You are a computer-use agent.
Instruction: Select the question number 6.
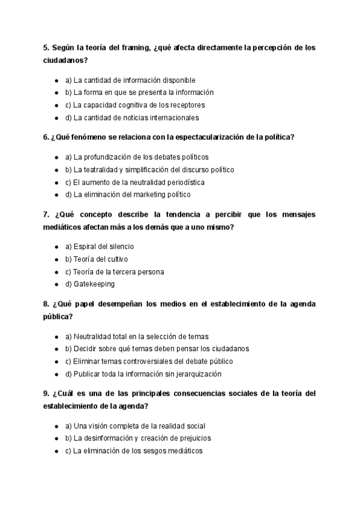(x=46, y=137)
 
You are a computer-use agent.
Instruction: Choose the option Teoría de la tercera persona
(x=115, y=271)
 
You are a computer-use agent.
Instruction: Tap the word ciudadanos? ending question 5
(x=65, y=61)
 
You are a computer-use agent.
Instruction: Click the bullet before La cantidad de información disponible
(x=56, y=80)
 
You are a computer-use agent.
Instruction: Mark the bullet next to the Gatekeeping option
(x=56, y=284)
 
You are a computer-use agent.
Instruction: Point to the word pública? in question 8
(x=58, y=316)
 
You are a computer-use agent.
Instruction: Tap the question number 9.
(x=46, y=393)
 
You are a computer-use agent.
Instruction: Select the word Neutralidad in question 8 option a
(x=93, y=336)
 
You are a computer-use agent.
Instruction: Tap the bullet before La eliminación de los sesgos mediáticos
(x=56, y=451)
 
